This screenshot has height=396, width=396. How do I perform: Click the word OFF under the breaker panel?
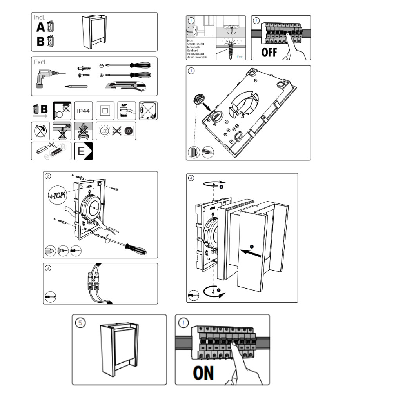pos(269,52)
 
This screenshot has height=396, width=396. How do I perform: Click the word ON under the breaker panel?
pos(203,372)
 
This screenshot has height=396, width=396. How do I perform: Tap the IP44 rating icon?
pos(83,111)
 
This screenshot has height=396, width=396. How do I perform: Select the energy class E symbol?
pos(84,151)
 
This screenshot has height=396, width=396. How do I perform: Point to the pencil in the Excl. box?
pos(76,86)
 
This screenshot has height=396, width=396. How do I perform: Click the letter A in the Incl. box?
pos(40,27)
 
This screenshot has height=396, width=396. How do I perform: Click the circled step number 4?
pos(191,178)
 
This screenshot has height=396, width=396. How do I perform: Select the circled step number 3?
pos(48,268)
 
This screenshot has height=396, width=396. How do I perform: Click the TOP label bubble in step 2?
pos(57,195)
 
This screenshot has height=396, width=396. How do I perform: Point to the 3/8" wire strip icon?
pos(126,110)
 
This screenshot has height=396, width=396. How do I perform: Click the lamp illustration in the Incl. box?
pos(95,32)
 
